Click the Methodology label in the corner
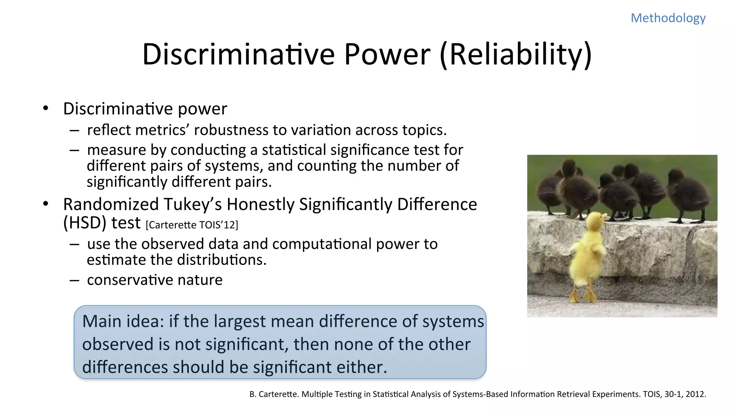[x=668, y=18]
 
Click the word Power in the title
[x=387, y=54]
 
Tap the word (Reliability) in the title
[x=515, y=54]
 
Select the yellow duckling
[x=588, y=255]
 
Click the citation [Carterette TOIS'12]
[x=192, y=225]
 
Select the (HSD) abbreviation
[x=85, y=223]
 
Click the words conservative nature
[x=154, y=280]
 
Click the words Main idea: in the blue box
[x=123, y=321]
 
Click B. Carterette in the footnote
[x=274, y=394]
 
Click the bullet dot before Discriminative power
[x=46, y=108]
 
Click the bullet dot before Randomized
[x=46, y=204]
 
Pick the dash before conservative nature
[x=75, y=280]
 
